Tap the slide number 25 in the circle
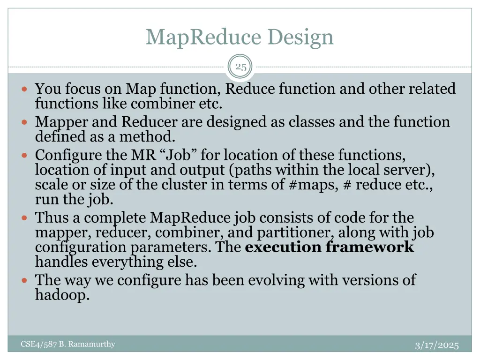coord(240,67)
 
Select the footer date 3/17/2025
coord(437,345)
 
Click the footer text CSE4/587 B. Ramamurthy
coord(68,345)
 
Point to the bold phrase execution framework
coord(330,247)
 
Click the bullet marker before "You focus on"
coord(25,89)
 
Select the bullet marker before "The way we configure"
coord(25,280)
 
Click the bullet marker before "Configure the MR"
coord(25,155)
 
